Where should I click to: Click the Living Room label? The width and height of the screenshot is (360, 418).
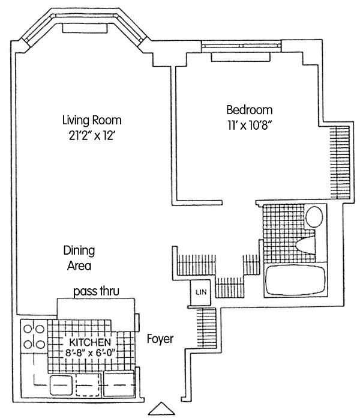pos(92,120)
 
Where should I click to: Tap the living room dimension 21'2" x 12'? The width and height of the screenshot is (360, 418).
pos(92,136)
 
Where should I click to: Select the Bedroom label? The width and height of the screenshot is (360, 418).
pos(250,110)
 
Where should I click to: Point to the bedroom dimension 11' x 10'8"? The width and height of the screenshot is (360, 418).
pos(250,125)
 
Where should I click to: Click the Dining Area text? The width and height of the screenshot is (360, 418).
pos(79,258)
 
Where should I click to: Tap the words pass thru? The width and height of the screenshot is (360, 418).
pos(96,291)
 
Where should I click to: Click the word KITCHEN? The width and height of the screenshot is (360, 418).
pos(90,342)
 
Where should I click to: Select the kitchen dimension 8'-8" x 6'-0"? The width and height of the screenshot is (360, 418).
pos(90,353)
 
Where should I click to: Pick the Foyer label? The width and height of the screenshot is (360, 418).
pos(160,339)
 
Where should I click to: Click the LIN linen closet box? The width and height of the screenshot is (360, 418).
pos(200,292)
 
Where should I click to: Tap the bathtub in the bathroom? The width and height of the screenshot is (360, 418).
pos(296,280)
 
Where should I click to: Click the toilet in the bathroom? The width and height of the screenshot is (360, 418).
pos(305,244)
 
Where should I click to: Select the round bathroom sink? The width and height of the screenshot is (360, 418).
pos(314,216)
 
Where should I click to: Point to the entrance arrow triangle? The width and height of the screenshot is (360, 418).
pos(161,408)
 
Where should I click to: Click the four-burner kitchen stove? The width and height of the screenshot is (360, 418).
pos(34,336)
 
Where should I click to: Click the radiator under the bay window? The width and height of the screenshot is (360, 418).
pos(85,28)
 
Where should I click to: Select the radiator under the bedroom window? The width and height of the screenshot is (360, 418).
pos(241,57)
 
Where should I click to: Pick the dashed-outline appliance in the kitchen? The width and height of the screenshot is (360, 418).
pos(88,385)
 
